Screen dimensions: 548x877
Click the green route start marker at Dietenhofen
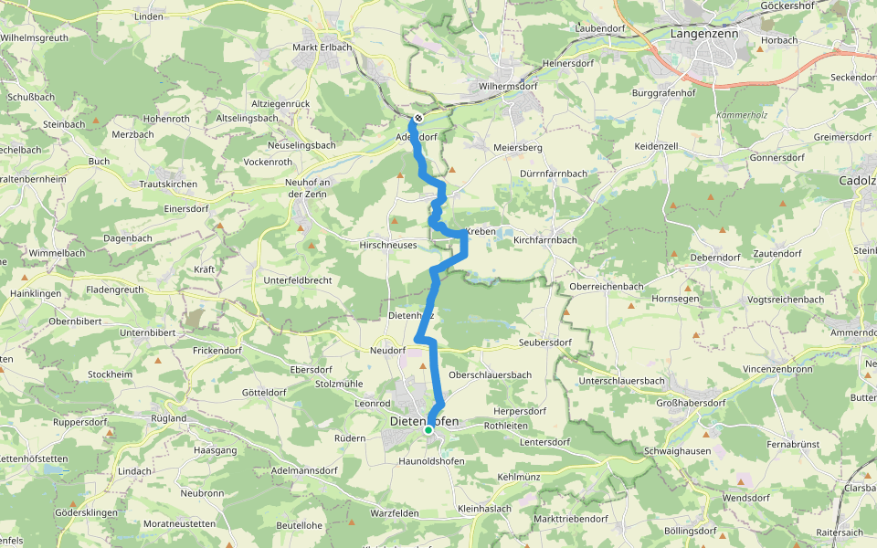tap(428, 429)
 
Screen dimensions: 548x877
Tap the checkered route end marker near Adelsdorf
tap(417, 119)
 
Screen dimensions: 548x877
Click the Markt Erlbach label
tap(322, 47)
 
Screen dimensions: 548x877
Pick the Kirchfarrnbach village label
tap(545, 240)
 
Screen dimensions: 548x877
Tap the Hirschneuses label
tap(388, 246)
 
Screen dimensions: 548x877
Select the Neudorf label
tap(387, 351)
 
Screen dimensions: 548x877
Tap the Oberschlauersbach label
tap(491, 375)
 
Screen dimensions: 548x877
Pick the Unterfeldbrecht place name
tap(298, 279)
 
